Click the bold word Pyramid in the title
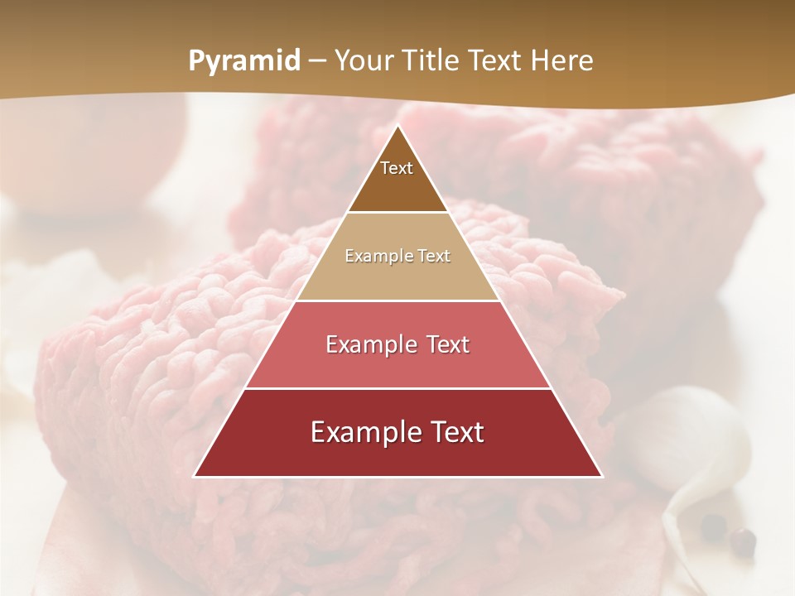point(244,61)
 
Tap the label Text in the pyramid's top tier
point(397,168)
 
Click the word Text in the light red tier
point(448,344)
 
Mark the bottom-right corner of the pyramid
point(601,476)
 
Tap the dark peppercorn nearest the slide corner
point(744,542)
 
